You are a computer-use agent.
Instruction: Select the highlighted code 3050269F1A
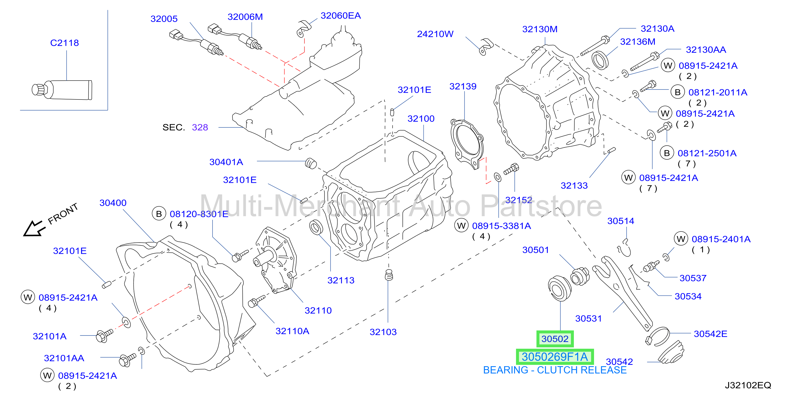(555, 357)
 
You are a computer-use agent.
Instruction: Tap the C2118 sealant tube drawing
(62, 90)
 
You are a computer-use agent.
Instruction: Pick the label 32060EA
(341, 16)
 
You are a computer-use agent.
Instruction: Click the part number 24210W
(435, 34)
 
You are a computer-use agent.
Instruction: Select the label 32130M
(539, 29)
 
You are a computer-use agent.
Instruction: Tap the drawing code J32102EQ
(748, 385)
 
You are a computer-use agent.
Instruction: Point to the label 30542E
(711, 334)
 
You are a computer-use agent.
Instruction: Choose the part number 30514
(620, 221)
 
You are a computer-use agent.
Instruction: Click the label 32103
(383, 332)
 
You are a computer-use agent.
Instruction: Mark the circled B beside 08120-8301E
(159, 214)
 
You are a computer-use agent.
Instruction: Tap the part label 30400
(113, 203)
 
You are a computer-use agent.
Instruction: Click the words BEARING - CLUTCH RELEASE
(555, 370)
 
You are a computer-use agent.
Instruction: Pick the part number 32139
(463, 86)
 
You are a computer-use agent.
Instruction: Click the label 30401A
(226, 162)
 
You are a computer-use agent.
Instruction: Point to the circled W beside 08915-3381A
(461, 226)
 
